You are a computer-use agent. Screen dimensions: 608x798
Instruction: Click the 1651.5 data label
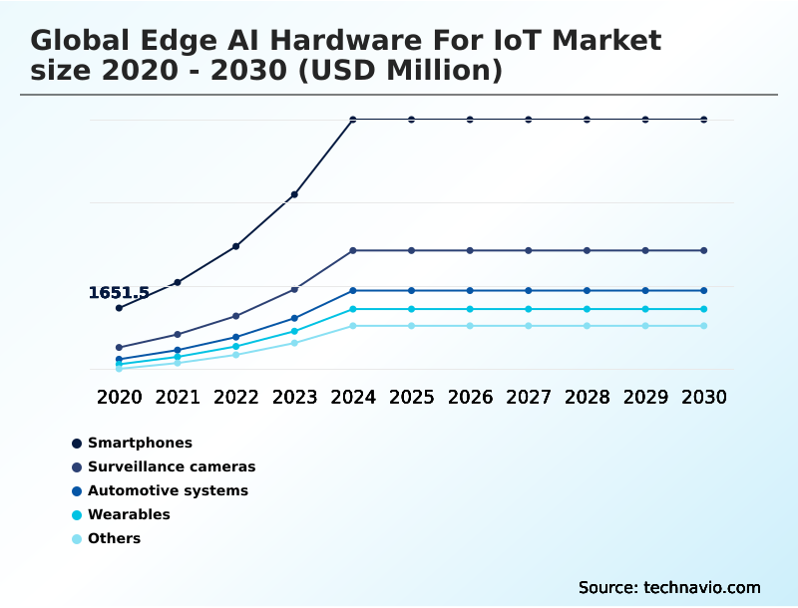coord(119,293)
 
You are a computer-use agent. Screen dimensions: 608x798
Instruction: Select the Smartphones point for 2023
coord(294,194)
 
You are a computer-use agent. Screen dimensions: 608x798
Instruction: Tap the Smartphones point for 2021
coord(178,282)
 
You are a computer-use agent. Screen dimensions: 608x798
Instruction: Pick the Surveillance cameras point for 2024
coord(353,250)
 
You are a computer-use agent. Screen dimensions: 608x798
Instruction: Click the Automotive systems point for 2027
coord(529,290)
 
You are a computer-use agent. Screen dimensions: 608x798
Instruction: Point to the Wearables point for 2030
coord(703,309)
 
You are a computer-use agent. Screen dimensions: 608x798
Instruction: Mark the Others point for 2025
coord(411,326)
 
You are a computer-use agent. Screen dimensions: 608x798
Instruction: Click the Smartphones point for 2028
coord(587,120)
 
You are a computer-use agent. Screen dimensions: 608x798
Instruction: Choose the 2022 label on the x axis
coord(236,397)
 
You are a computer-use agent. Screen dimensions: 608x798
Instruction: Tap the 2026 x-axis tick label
coord(470,397)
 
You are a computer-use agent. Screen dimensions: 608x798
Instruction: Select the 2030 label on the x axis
coord(703,397)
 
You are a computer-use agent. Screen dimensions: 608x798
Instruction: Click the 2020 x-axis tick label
coord(119,397)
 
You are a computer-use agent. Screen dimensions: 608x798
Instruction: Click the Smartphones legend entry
coord(140,443)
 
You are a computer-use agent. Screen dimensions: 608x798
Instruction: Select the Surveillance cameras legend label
coord(172,466)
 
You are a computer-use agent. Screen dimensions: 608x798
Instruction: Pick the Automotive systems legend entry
coord(168,490)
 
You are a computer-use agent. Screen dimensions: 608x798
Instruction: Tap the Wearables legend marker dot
coord(77,515)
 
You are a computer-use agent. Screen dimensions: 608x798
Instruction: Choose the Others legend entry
coord(114,538)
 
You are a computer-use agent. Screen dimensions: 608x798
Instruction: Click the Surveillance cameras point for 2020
coord(119,348)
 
